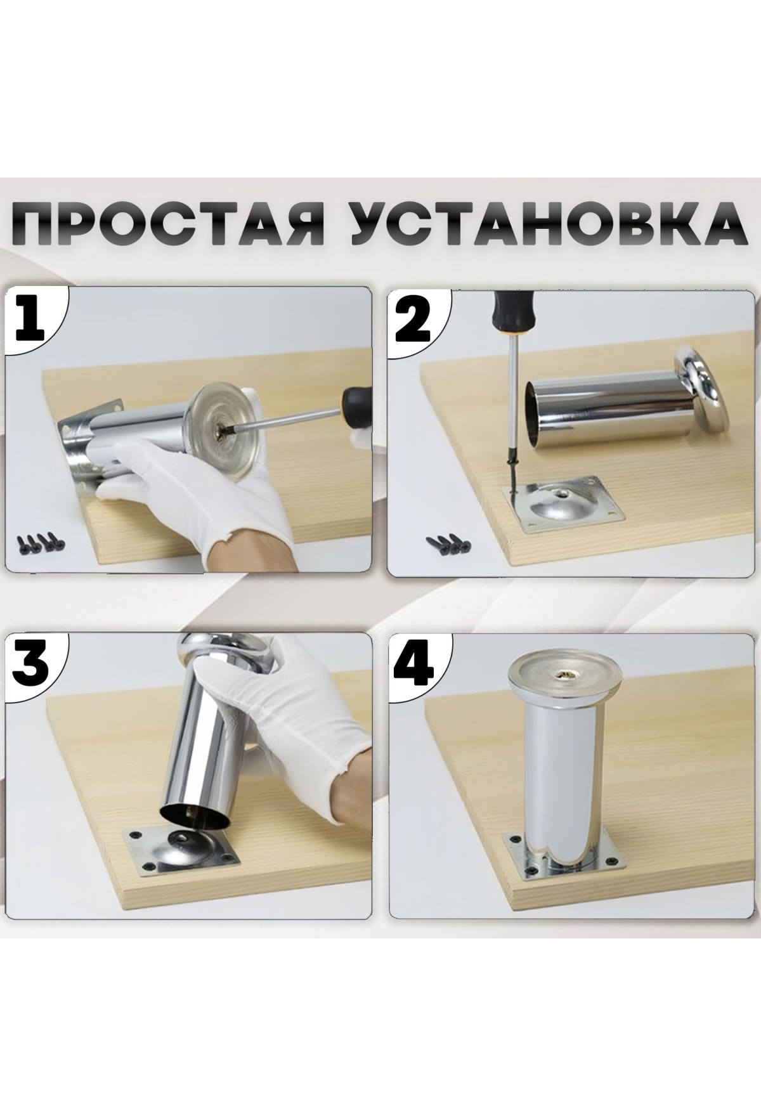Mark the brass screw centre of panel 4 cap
563,675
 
